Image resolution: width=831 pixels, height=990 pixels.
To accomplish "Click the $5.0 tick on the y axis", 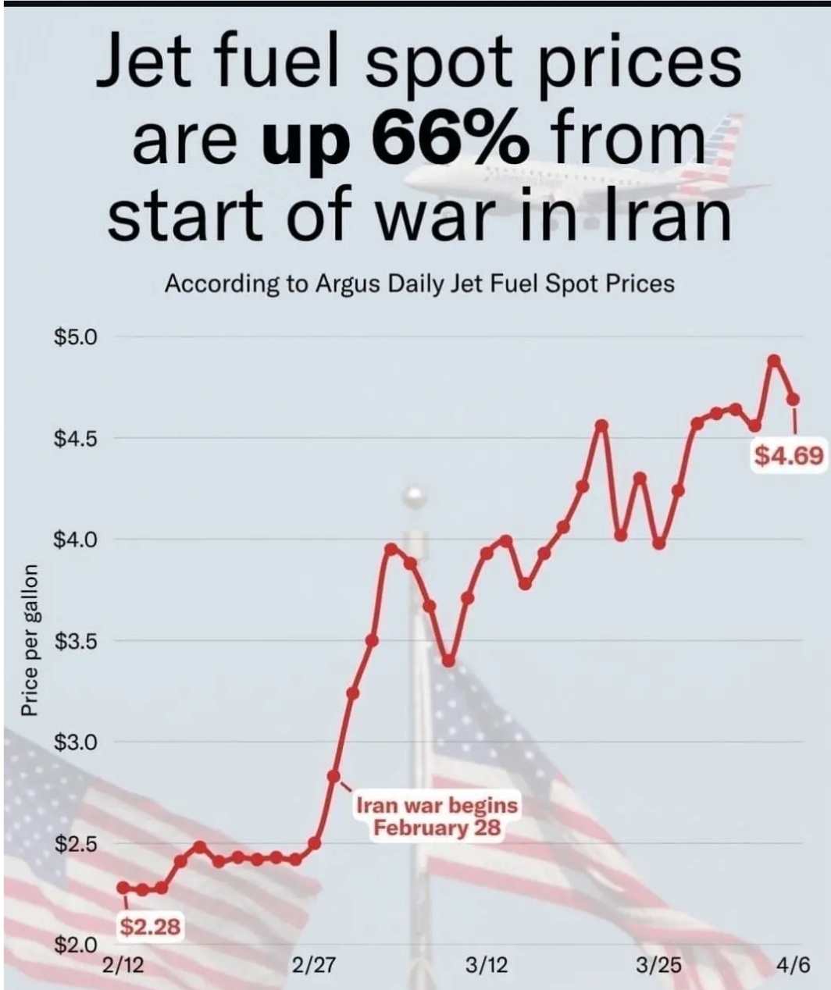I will (74, 337).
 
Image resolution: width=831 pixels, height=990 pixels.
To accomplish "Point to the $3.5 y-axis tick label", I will (74, 642).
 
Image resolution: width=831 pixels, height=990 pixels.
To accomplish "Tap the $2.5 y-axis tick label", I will (74, 844).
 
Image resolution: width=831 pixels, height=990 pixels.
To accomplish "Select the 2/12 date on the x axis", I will (123, 965).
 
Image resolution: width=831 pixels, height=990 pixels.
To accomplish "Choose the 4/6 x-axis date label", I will (793, 965).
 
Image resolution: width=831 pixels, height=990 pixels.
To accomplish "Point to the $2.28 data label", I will (151, 927).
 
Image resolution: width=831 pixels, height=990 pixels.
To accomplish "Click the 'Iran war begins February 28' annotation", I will (437, 816).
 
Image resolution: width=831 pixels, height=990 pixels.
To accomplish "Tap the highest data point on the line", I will (774, 360).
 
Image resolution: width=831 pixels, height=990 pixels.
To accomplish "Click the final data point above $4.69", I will (794, 399).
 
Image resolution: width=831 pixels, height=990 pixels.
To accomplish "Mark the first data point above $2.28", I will (123, 888).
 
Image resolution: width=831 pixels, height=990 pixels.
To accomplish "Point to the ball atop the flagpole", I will (414, 496).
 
